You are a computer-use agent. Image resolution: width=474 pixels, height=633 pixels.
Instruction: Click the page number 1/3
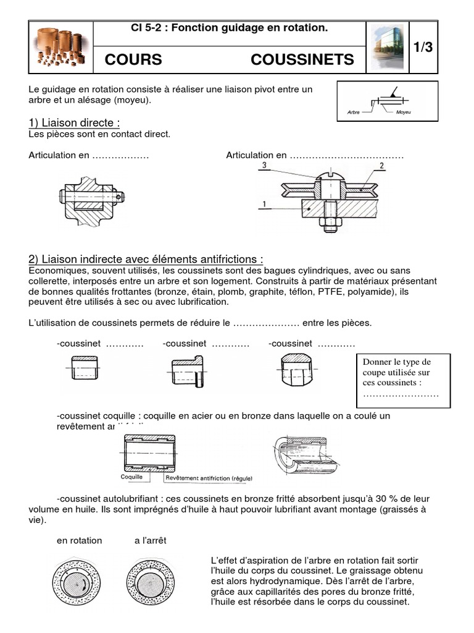click(423, 48)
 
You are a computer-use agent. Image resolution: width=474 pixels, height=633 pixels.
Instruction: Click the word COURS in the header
click(133, 59)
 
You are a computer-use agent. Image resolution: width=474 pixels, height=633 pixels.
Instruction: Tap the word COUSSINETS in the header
click(302, 59)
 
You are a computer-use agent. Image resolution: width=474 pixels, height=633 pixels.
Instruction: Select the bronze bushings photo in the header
click(61, 46)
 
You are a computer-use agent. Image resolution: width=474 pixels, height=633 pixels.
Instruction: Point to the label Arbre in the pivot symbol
click(354, 113)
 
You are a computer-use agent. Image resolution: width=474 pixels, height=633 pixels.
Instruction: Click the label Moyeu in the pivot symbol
click(404, 113)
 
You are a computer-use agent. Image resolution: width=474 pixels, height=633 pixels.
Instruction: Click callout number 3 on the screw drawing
click(264, 166)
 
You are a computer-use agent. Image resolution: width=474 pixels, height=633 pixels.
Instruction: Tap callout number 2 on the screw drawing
click(382, 166)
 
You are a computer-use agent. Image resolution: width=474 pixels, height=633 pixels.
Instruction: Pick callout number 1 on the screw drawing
click(264, 203)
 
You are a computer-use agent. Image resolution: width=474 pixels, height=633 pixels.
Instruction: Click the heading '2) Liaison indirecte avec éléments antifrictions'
click(146, 259)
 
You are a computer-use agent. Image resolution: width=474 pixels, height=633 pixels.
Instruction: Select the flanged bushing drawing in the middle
click(186, 373)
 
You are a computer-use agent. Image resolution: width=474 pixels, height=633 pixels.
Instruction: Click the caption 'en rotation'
click(80, 540)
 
